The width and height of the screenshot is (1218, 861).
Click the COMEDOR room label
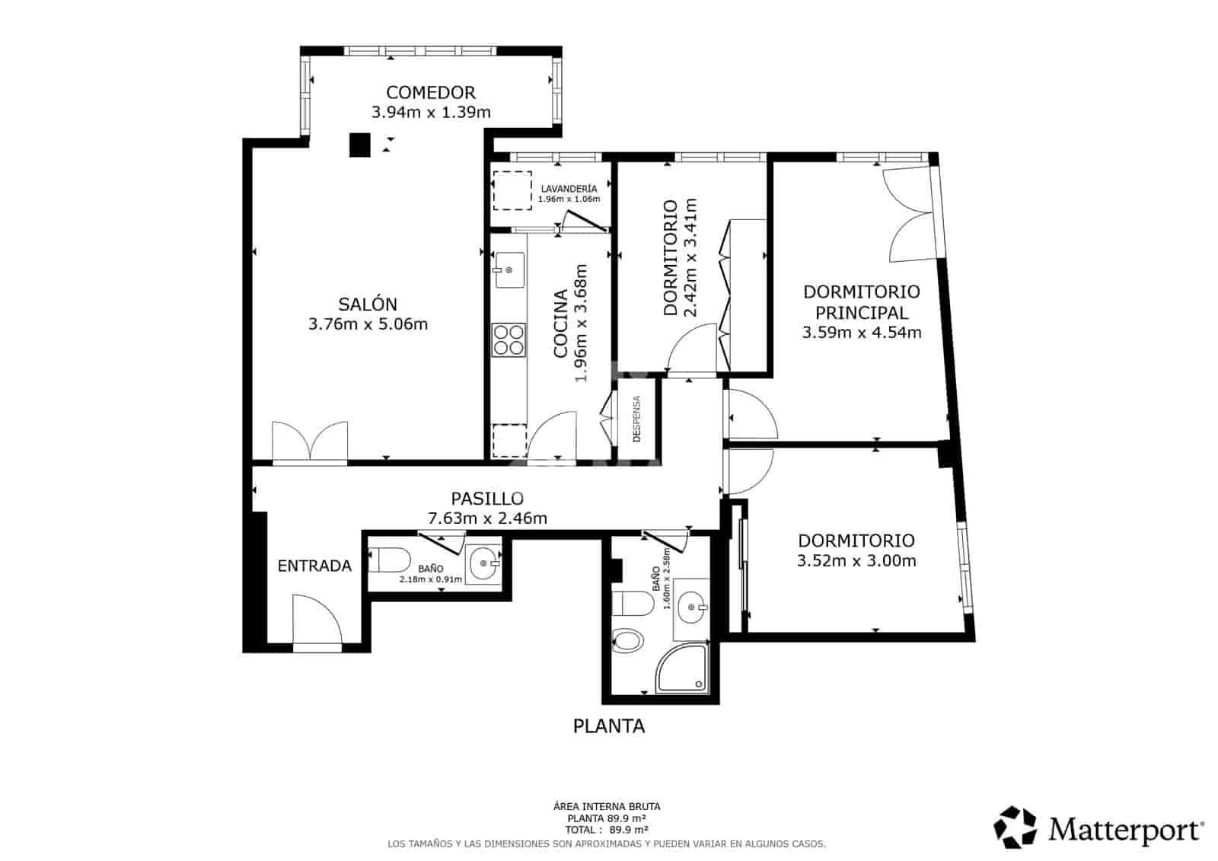(431, 92)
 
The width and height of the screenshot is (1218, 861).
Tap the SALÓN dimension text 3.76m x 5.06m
(368, 324)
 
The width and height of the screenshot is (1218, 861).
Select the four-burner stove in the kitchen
(509, 340)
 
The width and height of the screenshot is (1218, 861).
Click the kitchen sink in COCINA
(509, 269)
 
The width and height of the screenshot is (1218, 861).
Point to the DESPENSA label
(636, 419)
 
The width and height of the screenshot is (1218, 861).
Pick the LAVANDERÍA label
(569, 188)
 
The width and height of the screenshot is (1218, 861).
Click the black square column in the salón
(359, 145)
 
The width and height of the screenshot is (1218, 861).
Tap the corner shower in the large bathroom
(682, 668)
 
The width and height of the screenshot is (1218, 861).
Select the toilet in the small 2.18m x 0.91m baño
(389, 560)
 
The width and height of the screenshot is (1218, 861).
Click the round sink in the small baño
(483, 564)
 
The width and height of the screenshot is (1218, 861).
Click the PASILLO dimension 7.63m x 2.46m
(487, 518)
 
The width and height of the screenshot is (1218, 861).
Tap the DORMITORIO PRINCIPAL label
(861, 302)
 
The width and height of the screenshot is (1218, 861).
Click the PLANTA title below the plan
(609, 726)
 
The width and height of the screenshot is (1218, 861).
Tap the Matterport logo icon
(1015, 828)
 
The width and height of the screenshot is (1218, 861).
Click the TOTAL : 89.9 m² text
(606, 830)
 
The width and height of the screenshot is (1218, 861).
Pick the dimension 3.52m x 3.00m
(856, 561)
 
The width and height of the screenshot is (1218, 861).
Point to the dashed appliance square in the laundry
(512, 190)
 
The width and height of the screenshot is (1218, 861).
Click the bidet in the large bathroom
(627, 640)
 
